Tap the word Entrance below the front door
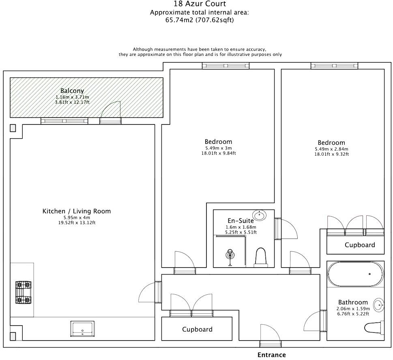[x=271, y=355]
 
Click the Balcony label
[x=72, y=91]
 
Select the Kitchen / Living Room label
[x=77, y=211]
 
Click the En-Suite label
[x=240, y=221]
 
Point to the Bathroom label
[x=353, y=302]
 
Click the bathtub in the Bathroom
[x=355, y=275]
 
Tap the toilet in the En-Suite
[x=261, y=257]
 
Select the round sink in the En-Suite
[x=258, y=214]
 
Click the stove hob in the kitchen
[x=23, y=292]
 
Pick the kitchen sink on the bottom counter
[x=83, y=328]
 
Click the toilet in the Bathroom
[x=374, y=328]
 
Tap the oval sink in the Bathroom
[x=378, y=304]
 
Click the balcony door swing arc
[x=110, y=109]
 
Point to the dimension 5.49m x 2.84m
[x=331, y=149]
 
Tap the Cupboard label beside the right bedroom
[x=360, y=245]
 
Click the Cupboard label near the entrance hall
[x=197, y=329]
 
